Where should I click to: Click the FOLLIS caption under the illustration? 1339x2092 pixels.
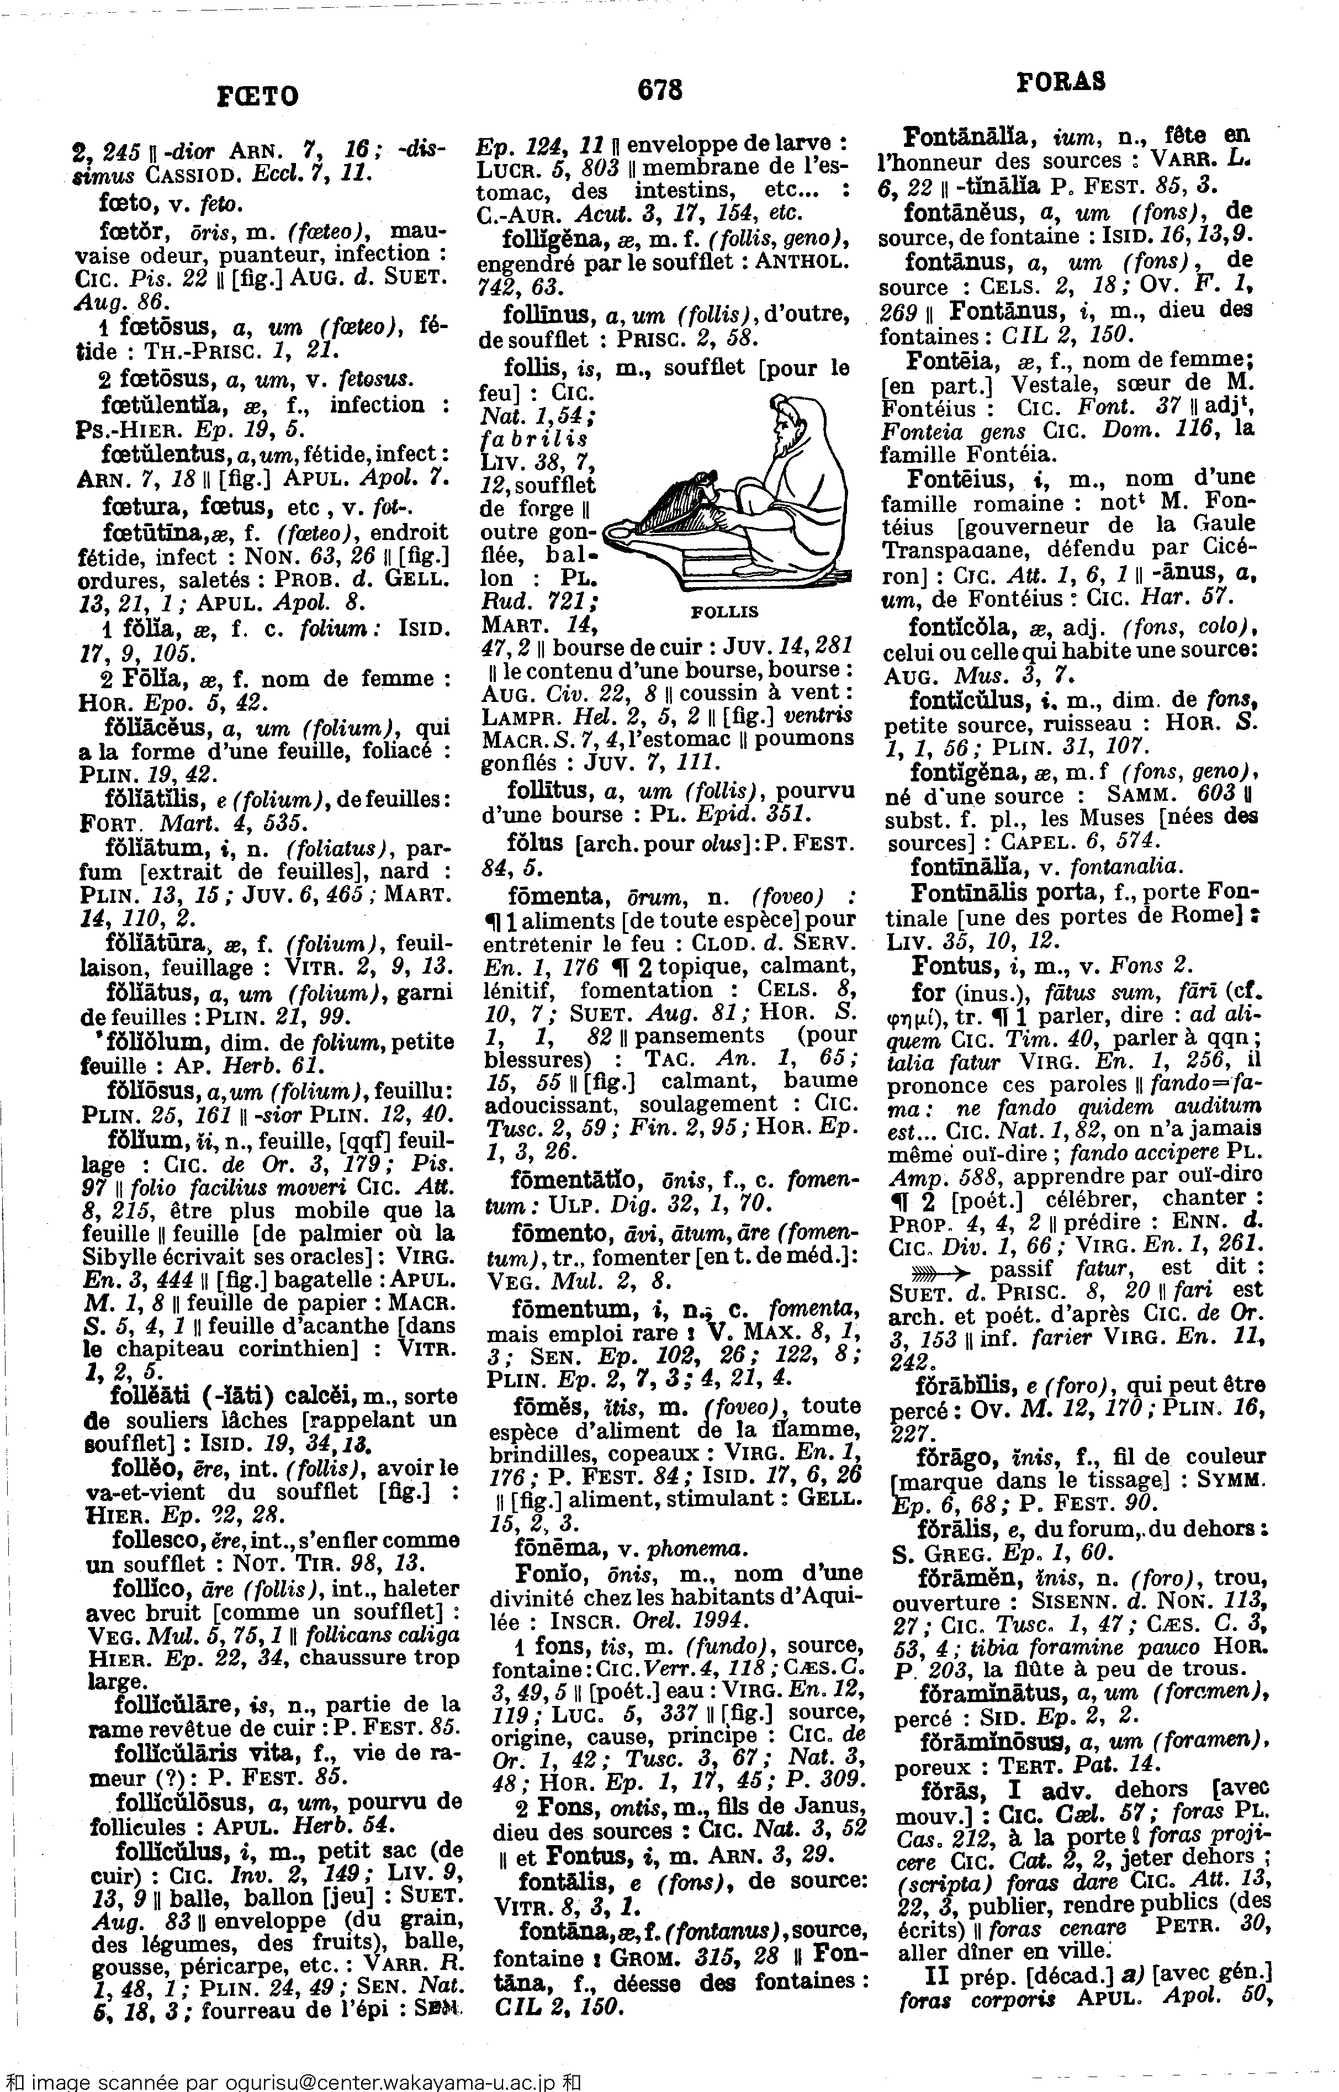(724, 611)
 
